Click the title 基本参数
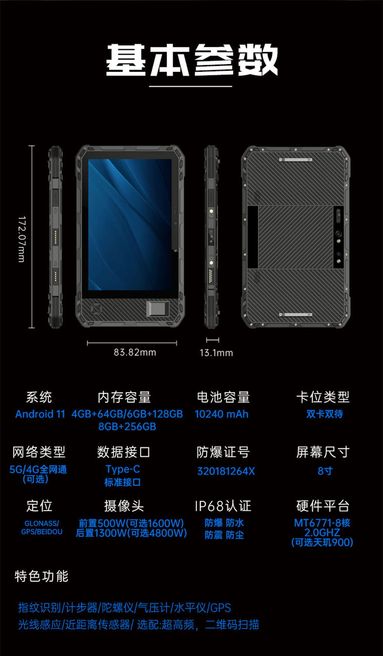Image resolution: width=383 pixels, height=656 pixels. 191,60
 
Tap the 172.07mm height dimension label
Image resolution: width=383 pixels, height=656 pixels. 22,239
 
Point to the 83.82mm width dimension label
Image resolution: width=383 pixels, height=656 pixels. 135,352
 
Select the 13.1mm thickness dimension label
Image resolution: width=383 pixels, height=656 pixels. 216,353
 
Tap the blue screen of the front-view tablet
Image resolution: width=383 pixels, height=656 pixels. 130,225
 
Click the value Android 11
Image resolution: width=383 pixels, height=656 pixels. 40,414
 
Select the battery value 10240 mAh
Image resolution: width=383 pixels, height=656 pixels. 221,414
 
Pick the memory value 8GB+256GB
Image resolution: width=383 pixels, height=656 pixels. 127,426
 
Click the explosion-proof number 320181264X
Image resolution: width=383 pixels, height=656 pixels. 226,471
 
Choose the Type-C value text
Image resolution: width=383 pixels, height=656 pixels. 123,469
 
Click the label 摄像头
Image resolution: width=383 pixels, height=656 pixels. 124,506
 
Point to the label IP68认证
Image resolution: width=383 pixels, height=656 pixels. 223,506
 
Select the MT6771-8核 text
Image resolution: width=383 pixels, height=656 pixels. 322,523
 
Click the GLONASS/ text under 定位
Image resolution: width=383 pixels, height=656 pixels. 42,523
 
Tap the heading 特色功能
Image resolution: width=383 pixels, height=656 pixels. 41,576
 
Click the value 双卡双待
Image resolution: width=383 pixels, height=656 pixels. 324,414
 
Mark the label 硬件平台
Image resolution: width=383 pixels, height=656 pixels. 323,506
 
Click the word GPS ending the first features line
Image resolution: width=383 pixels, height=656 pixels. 221,608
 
